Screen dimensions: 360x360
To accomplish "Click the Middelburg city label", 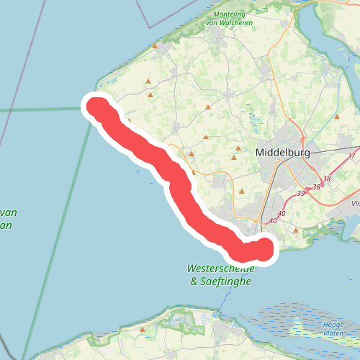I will click(287, 153).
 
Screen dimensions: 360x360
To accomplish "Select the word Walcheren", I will click(240, 22).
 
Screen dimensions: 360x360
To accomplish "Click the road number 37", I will click(351, 156).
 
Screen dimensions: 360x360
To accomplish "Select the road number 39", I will click(301, 194).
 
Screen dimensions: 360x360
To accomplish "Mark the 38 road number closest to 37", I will click(327, 179).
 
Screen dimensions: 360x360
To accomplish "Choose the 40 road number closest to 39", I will click(282, 214).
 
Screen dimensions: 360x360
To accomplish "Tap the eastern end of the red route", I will click(266, 248).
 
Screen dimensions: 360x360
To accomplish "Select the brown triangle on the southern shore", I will click(143, 330).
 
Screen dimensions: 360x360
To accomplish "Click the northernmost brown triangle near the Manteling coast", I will click(154, 45).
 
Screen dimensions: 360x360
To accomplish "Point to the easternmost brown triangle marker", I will click(337, 117).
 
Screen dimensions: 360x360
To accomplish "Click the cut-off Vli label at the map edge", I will click(355, 204).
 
